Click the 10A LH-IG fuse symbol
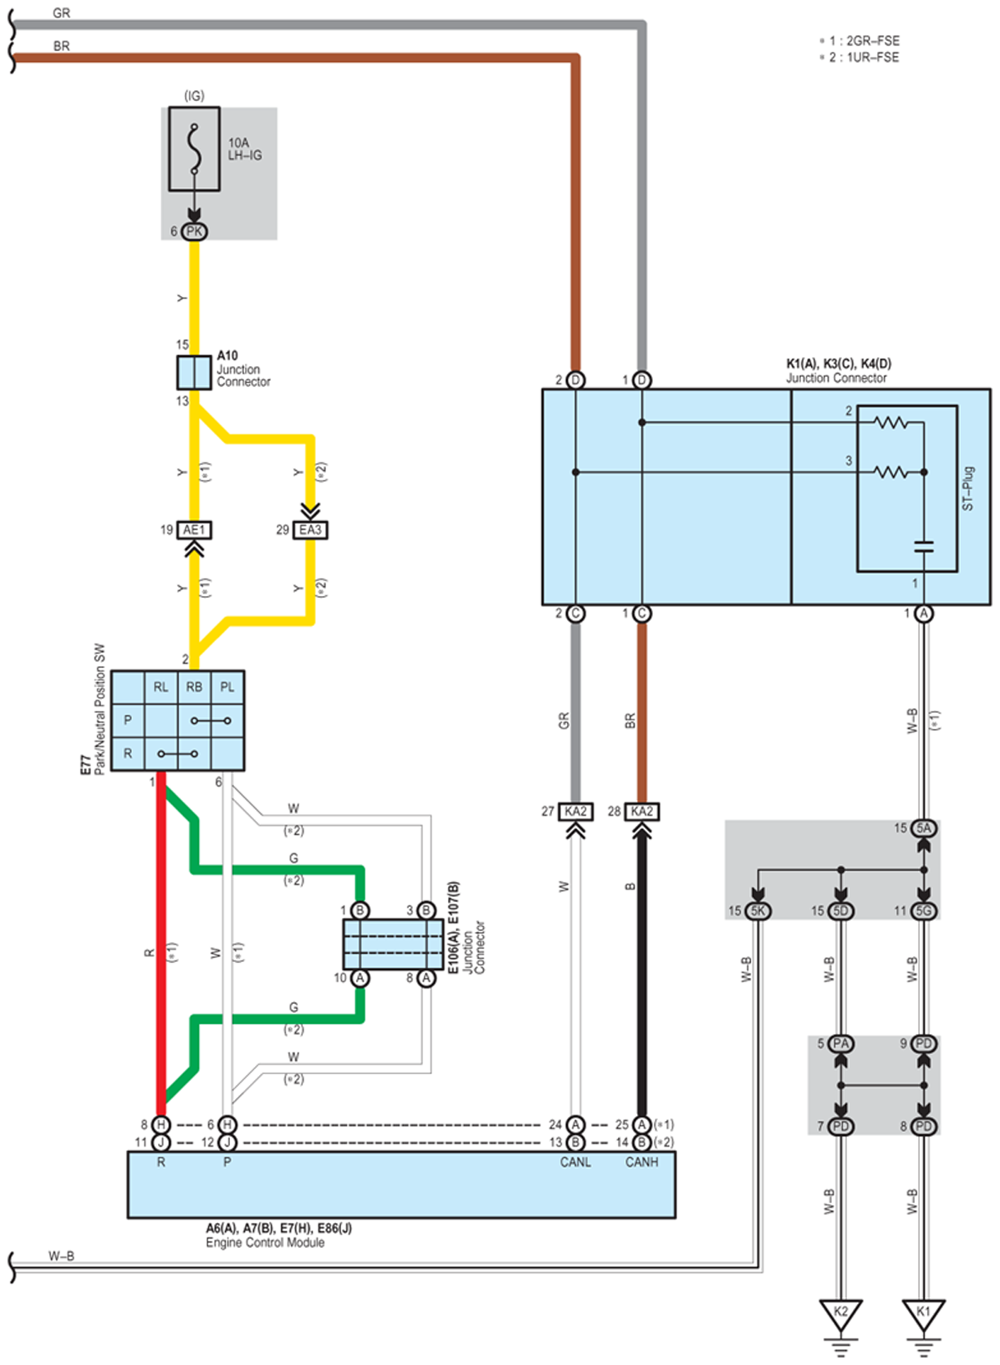pyautogui.click(x=194, y=149)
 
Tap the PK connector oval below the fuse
pyautogui.click(x=194, y=232)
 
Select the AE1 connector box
pyautogui.click(x=194, y=530)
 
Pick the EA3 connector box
pyautogui.click(x=310, y=530)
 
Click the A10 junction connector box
pyautogui.click(x=194, y=373)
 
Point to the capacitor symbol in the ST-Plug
pyautogui.click(x=924, y=546)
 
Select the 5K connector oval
pyautogui.click(x=758, y=910)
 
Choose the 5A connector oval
pyautogui.click(x=924, y=828)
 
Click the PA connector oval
pyautogui.click(x=840, y=1044)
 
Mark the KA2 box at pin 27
pyautogui.click(x=575, y=812)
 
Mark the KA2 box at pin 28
pyautogui.click(x=641, y=812)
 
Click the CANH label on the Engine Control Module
pyautogui.click(x=641, y=1162)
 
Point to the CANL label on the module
pyautogui.click(x=575, y=1162)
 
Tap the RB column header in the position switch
pyautogui.click(x=194, y=687)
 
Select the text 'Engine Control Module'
pyautogui.click(x=265, y=1242)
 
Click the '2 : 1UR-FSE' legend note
pyautogui.click(x=860, y=58)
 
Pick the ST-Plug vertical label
pyautogui.click(x=967, y=489)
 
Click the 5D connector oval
pyautogui.click(x=840, y=910)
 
